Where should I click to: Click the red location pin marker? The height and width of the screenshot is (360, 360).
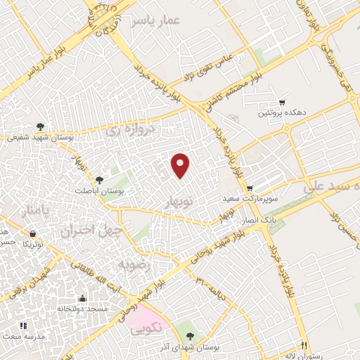click(x=181, y=165)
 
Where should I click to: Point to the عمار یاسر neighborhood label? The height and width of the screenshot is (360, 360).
click(x=155, y=20)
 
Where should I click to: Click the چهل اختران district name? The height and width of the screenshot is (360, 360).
click(x=91, y=230)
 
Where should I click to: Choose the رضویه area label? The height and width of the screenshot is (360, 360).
click(x=133, y=265)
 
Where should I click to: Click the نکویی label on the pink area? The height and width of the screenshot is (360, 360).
click(x=147, y=327)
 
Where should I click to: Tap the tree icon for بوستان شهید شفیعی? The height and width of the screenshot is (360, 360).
click(x=40, y=127)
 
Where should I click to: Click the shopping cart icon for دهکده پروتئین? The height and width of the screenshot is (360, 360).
click(x=282, y=102)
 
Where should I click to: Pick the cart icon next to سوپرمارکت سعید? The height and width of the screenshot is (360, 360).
click(x=250, y=188)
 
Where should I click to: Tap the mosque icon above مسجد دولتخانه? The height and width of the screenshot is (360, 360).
click(x=83, y=298)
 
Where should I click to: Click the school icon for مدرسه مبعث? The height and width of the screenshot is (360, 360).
click(x=22, y=325)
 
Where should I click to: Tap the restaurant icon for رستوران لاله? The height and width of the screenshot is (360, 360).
click(x=304, y=345)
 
